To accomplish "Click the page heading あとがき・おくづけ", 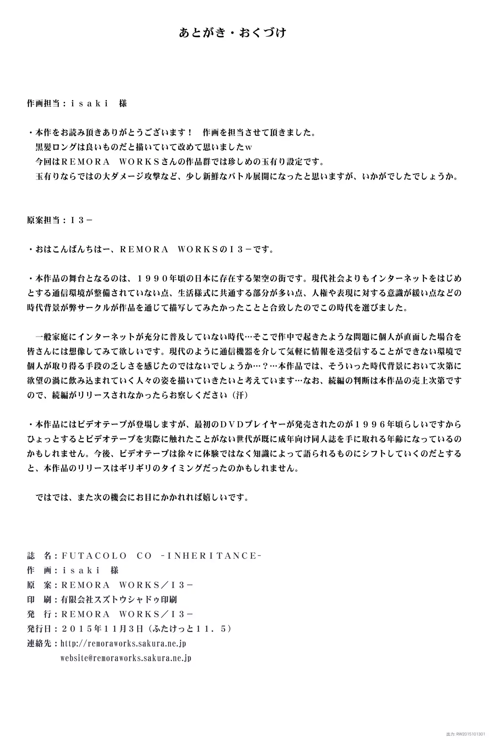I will [233, 33].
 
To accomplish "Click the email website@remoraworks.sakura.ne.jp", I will [126, 658].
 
